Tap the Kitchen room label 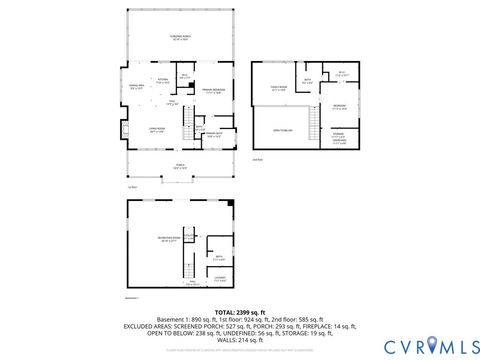click(x=162, y=82)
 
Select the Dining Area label click(x=138, y=89)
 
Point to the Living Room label click(x=158, y=130)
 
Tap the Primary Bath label click(x=214, y=136)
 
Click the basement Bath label click(x=218, y=259)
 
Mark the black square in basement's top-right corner click(x=232, y=204)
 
